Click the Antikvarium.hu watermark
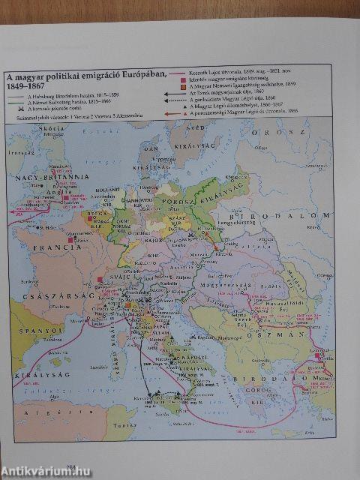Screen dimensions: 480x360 45,470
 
